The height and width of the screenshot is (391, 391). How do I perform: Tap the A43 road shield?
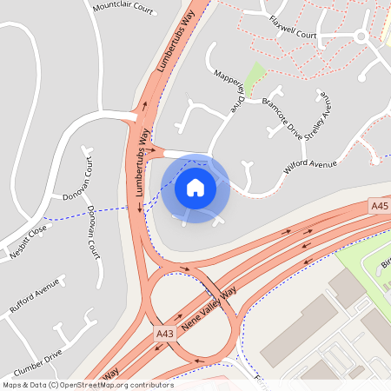(165, 334)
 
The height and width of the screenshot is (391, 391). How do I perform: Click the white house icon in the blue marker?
(195, 188)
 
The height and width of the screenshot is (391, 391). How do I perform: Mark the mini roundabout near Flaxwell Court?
(361, 36)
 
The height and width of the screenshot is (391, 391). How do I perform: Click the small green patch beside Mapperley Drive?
(253, 78)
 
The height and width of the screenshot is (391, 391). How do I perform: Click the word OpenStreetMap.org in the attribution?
(92, 385)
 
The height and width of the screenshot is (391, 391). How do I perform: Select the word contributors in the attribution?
(149, 385)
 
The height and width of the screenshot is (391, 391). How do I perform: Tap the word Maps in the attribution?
(11, 385)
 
